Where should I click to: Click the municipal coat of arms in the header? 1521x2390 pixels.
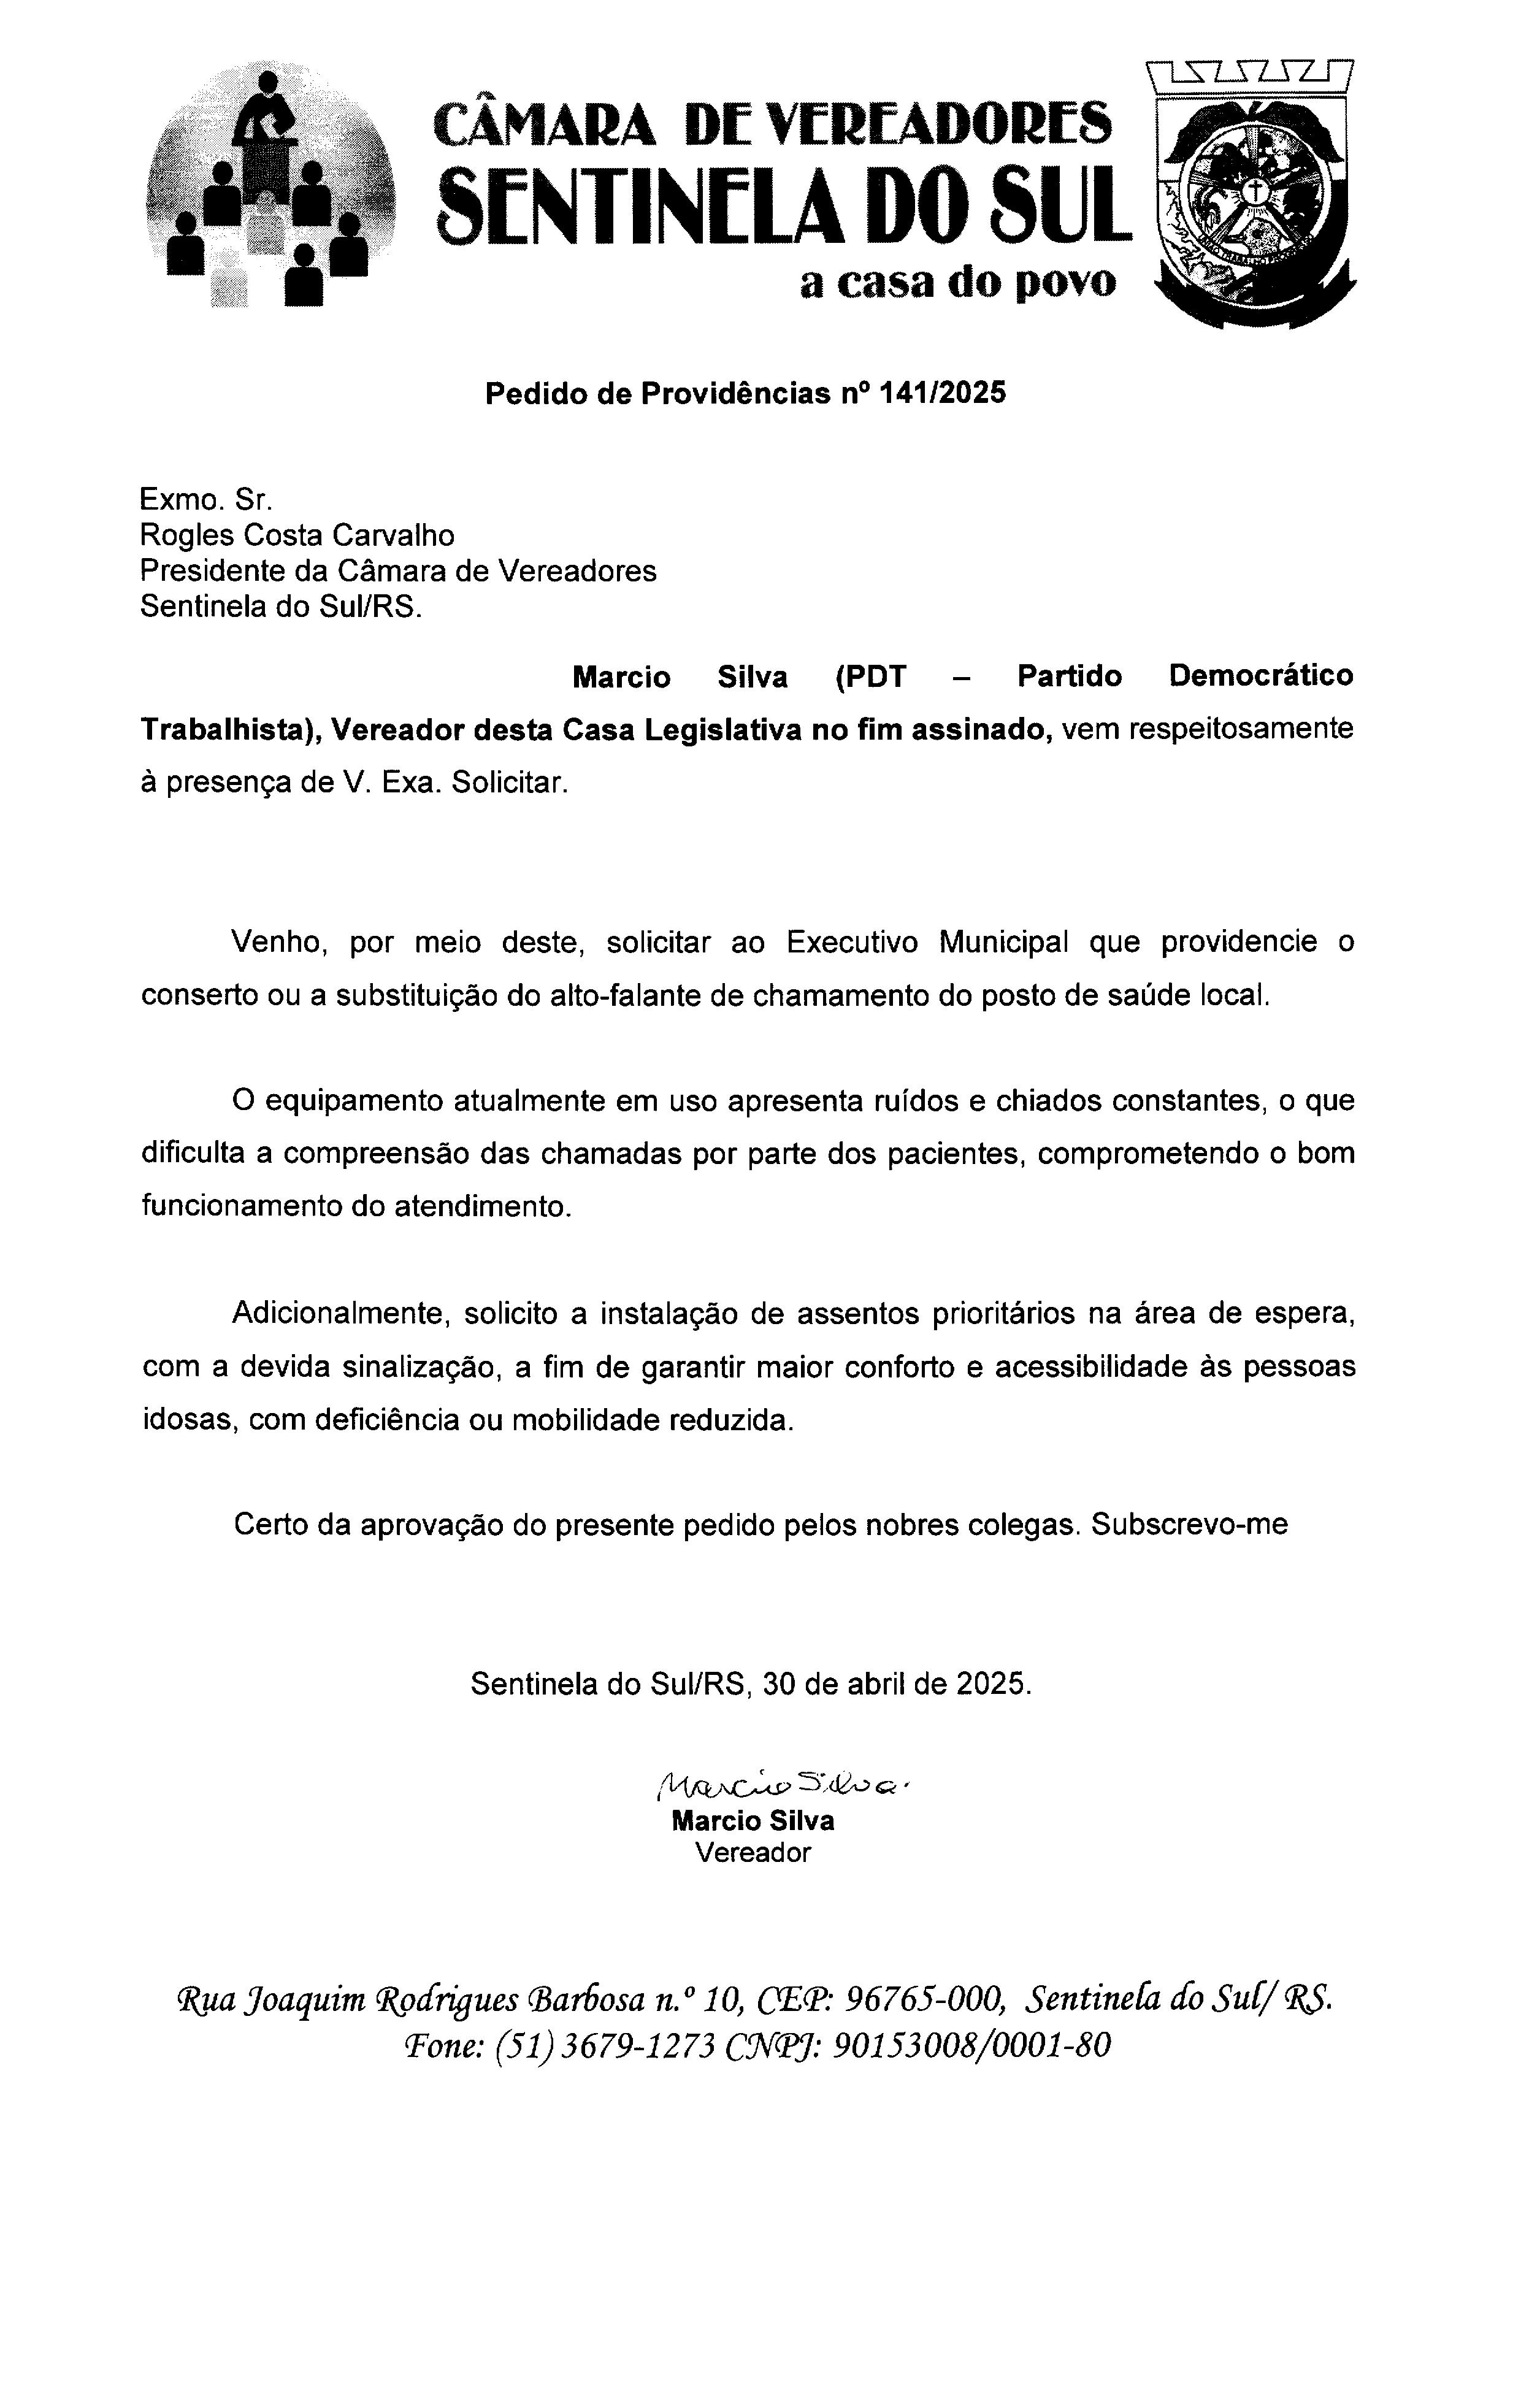[1253, 196]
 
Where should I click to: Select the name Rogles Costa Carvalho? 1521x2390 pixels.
[297, 536]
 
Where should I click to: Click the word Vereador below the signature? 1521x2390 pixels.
[753, 1852]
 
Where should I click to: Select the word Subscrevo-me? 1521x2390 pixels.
[1189, 1525]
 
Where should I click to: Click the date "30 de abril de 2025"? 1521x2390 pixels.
[897, 1684]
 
